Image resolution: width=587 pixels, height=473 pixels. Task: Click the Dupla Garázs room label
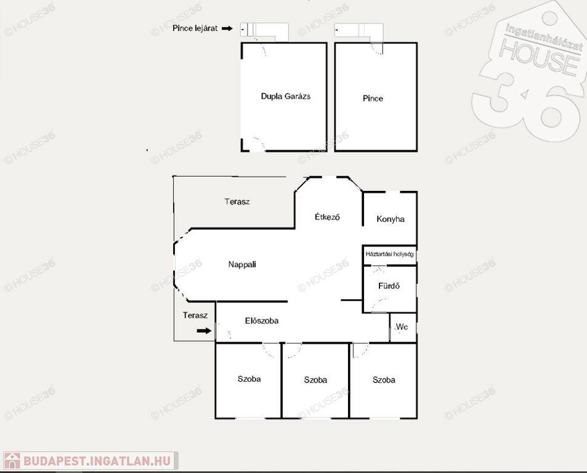point(286,96)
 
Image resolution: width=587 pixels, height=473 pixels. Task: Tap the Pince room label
point(373,99)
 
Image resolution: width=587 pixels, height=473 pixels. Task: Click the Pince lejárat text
point(195,28)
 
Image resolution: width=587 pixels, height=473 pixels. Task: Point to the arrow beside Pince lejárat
point(227,28)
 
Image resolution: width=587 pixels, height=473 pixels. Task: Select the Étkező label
point(327,217)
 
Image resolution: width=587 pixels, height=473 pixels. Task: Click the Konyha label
point(391,219)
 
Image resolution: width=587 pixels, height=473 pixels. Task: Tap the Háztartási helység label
point(390,254)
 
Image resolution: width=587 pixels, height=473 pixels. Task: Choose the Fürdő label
point(389,286)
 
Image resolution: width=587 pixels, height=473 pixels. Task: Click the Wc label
point(402,327)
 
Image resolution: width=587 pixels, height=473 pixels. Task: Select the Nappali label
point(242,265)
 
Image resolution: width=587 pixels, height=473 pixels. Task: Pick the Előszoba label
point(262,321)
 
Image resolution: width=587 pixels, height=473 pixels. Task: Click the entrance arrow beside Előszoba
point(204,331)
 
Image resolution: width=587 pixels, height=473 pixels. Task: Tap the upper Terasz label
point(237,201)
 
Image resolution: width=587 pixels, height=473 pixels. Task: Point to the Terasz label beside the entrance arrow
point(195,315)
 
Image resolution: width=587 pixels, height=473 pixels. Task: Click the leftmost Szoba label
point(249,379)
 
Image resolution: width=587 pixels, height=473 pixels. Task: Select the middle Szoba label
point(315,380)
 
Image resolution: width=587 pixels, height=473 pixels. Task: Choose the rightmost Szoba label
point(384,380)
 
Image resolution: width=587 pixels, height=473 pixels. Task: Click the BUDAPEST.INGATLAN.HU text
point(97,461)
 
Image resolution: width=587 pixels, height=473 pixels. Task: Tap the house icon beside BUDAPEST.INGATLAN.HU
point(12,461)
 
